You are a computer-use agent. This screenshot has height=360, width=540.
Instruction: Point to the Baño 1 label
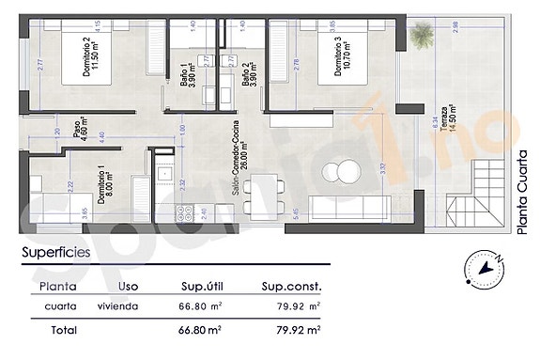tap(186, 74)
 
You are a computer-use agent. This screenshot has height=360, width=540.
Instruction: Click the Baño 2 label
tap(248, 74)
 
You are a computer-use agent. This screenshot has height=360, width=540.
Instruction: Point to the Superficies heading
tap(56, 253)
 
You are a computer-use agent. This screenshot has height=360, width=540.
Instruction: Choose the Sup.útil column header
tap(206, 287)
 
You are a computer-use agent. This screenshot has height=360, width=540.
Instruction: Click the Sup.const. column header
tap(292, 287)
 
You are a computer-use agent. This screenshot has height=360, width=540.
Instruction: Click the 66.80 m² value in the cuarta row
tap(200, 306)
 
